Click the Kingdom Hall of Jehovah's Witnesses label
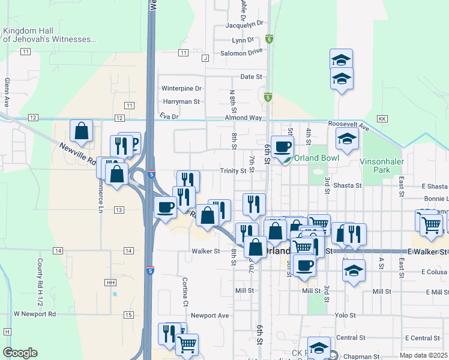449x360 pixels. [49, 35]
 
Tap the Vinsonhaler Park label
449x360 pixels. [383, 166]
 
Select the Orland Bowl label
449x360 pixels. [317, 158]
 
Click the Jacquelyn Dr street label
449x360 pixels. [244, 24]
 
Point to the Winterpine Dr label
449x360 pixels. [181, 88]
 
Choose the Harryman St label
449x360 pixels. [181, 102]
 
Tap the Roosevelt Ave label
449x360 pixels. [348, 124]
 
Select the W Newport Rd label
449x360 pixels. [35, 314]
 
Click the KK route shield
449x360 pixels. [382, 119]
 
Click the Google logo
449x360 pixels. [20, 353]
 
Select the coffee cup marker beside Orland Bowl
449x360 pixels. [282, 146]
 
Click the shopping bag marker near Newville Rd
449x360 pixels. [81, 131]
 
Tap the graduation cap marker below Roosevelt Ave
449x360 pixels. [347, 139]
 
